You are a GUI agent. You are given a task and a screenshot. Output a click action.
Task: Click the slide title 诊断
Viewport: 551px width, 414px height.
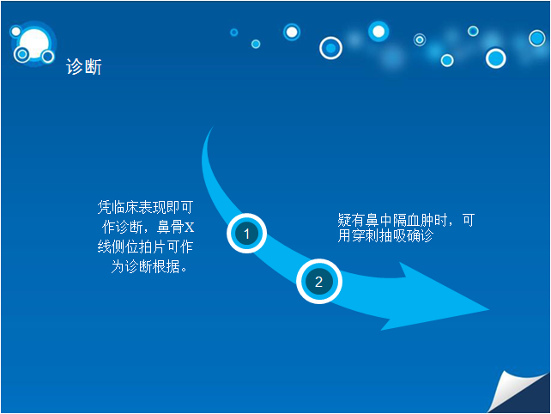[83, 67]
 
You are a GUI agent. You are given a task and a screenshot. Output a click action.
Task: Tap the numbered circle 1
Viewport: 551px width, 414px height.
[246, 234]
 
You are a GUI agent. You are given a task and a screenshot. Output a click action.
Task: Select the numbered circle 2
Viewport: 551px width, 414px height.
[318, 282]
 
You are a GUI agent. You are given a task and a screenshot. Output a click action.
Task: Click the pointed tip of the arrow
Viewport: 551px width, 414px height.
[489, 309]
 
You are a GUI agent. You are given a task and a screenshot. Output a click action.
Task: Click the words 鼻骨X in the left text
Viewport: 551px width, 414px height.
[176, 227]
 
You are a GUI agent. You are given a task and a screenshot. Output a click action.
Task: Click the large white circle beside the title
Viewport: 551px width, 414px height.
[34, 44]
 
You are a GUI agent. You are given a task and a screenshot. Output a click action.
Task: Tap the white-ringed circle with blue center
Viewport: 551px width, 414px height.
[330, 48]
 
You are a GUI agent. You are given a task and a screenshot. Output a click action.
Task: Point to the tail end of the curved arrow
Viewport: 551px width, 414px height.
[213, 126]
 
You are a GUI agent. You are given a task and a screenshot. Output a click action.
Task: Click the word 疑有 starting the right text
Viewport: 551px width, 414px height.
[351, 220]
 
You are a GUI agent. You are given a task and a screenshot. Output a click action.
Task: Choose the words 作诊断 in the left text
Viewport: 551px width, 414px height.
[122, 227]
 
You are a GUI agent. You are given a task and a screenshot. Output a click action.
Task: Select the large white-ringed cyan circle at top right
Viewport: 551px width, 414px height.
[495, 58]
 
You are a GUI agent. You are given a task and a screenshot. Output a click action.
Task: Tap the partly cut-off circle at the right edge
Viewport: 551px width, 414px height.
[537, 38]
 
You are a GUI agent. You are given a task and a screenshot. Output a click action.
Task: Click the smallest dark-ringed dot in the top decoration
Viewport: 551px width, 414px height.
[234, 33]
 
